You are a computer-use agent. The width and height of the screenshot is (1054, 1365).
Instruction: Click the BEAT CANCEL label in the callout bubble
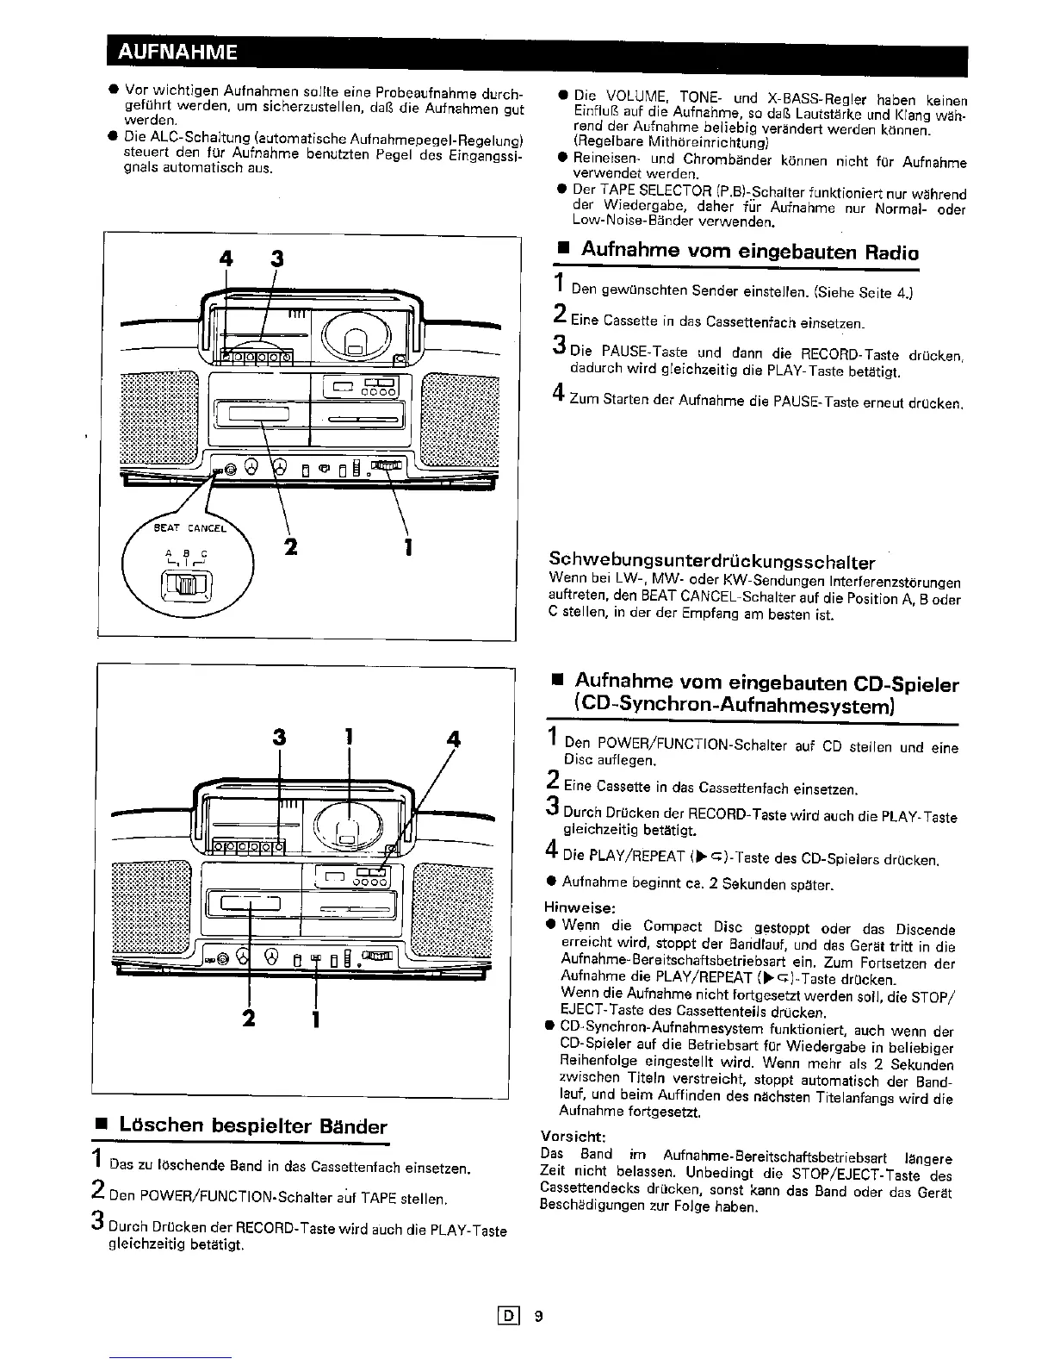click(x=190, y=528)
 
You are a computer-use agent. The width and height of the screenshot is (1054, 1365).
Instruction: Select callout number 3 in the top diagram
click(x=276, y=258)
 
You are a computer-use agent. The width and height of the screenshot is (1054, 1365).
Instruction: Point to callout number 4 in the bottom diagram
click(x=454, y=739)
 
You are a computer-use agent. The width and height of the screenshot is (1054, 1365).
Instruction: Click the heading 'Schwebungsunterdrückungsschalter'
click(x=711, y=562)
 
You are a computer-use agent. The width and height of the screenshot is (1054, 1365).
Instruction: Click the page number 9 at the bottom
click(x=538, y=1316)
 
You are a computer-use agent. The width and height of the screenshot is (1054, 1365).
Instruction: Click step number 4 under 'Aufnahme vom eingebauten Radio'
click(x=557, y=394)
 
